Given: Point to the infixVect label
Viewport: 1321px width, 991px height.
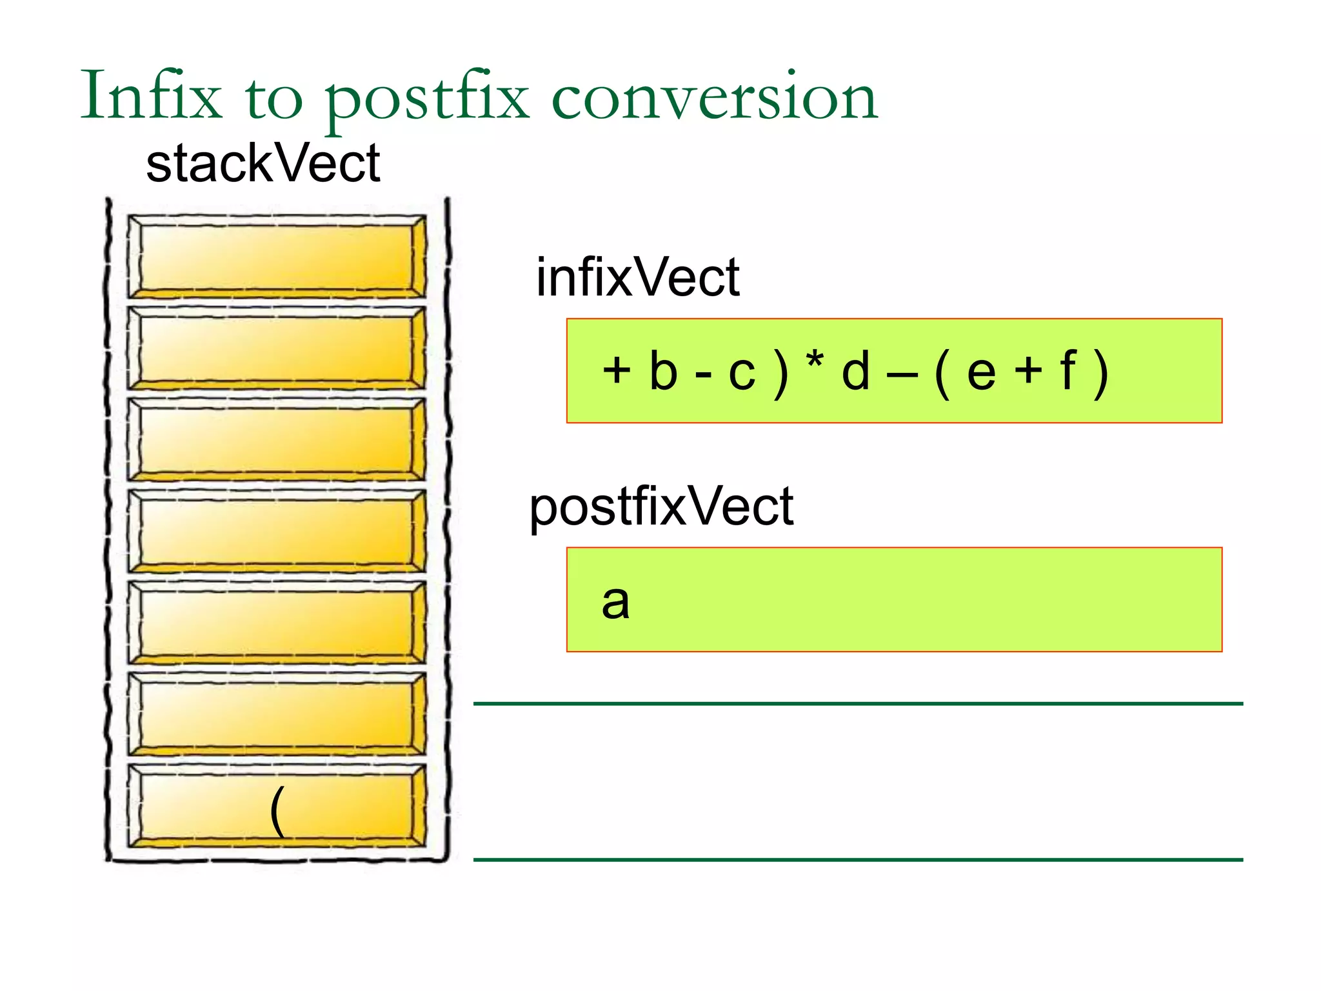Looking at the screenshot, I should click(x=637, y=277).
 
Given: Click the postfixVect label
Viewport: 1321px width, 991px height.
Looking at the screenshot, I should click(x=661, y=507).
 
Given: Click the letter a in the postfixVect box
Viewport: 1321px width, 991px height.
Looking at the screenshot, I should click(x=615, y=601).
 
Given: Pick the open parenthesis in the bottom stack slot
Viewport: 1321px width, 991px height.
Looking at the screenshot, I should click(x=277, y=811).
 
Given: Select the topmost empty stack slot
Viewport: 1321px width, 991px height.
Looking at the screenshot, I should click(x=276, y=256).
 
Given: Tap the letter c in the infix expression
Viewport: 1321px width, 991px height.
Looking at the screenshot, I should click(x=742, y=373).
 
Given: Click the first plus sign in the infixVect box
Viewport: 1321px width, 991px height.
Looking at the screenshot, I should click(x=617, y=371).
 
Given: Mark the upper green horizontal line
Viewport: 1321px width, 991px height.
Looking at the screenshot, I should click(x=858, y=703).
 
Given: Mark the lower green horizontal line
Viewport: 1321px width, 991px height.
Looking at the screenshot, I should click(x=858, y=859).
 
